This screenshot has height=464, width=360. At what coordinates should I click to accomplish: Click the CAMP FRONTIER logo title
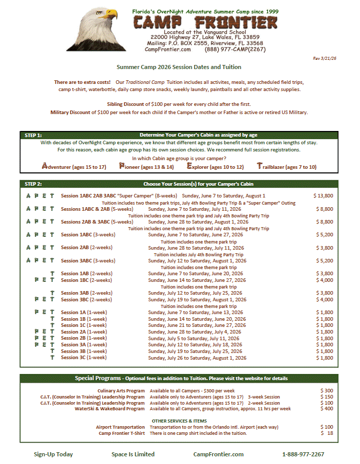205,23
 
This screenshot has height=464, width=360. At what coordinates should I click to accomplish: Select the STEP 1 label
33,136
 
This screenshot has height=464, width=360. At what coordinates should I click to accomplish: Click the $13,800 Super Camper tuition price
323,196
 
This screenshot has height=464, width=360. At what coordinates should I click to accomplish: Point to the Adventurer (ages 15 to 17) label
74,167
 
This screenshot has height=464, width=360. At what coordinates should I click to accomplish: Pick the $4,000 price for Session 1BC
323,280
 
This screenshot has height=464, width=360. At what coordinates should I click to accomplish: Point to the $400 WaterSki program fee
326,409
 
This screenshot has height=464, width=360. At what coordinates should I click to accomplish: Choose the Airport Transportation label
120,427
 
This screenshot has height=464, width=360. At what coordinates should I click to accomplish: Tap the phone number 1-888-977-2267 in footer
303,454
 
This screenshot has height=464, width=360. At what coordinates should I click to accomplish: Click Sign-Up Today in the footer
53,454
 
